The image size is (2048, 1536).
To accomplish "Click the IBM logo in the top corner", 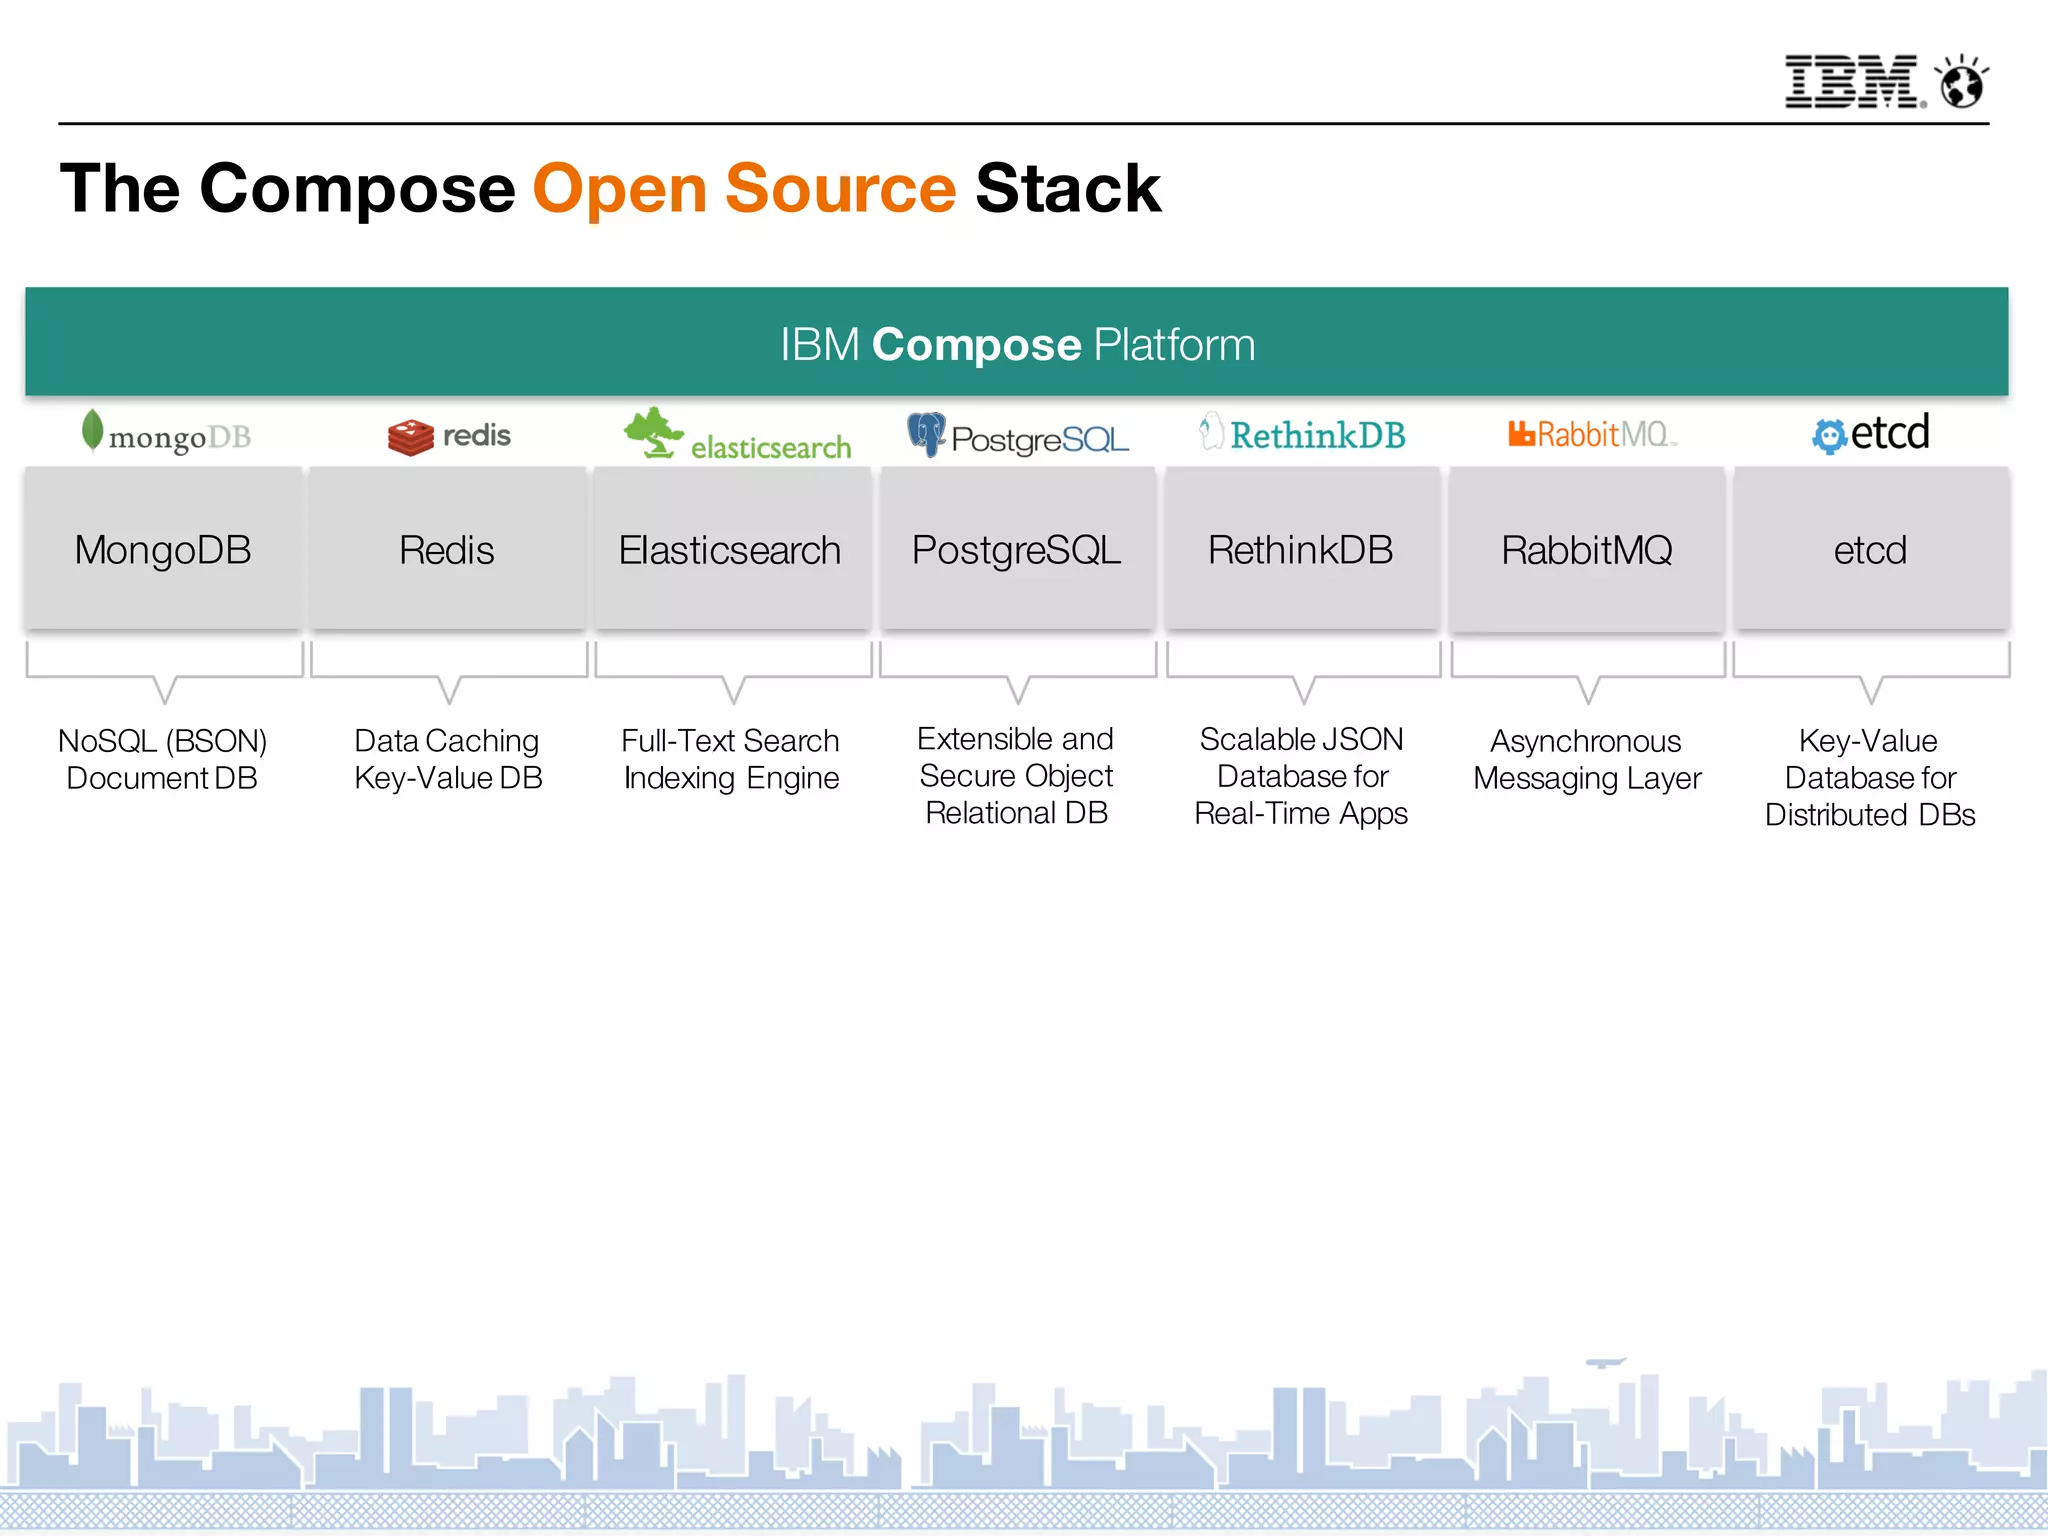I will (1852, 81).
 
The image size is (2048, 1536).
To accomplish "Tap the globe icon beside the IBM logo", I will (1962, 83).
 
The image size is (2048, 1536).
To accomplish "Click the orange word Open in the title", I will (620, 189).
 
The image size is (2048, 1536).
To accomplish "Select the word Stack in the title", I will (1067, 189).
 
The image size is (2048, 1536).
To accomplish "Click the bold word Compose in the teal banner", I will (976, 345).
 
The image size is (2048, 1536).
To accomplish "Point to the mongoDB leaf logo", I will (92, 431).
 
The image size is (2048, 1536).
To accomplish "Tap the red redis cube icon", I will (410, 437).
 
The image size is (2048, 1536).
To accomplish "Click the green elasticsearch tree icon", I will (653, 432).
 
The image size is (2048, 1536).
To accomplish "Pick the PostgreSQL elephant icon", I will (926, 433).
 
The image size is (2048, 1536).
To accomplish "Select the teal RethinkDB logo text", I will (1317, 435).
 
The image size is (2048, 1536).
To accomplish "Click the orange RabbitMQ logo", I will (1590, 434).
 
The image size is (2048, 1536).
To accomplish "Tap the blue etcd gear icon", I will (1829, 436).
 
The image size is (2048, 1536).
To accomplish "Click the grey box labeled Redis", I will (447, 549).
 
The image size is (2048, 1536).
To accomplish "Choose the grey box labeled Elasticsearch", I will (731, 549).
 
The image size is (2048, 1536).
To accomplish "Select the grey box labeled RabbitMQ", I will (1587, 549).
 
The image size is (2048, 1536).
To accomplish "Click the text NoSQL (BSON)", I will (163, 741).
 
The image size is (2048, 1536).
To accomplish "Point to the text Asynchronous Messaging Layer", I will (1587, 759).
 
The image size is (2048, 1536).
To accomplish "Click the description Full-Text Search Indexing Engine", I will (731, 759).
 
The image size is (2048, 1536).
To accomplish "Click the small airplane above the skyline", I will (1605, 1362).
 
